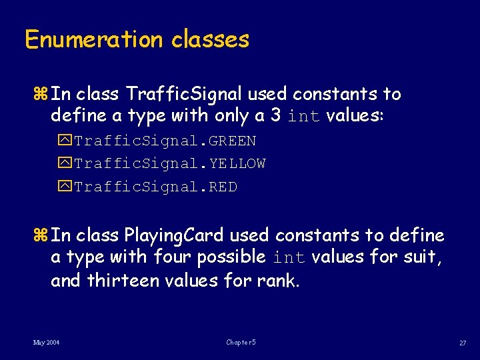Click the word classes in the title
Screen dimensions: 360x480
[x=210, y=39]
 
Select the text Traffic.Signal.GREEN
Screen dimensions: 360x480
[x=165, y=141]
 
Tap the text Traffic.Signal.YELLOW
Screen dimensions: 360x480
[x=170, y=164]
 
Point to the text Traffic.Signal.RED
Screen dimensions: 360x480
[x=155, y=187]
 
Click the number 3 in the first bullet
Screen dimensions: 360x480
[x=275, y=116]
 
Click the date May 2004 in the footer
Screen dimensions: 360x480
[x=47, y=342]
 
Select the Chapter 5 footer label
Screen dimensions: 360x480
[x=241, y=342]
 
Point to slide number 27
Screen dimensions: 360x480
[x=462, y=343]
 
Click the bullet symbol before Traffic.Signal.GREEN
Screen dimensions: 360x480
[x=66, y=141]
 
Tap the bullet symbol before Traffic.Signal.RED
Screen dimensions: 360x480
[x=66, y=187]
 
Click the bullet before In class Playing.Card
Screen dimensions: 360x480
[x=43, y=235]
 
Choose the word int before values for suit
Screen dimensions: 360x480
[x=289, y=257]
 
